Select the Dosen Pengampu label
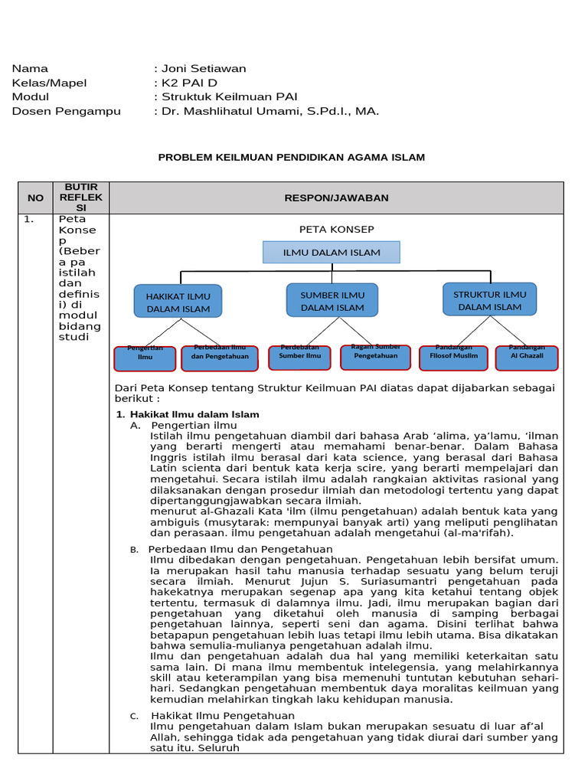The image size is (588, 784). coord(67,111)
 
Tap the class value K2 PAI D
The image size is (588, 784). coord(189,83)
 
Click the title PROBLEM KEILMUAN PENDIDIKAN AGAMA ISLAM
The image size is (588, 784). coord(291,157)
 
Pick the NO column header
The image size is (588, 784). coord(36,198)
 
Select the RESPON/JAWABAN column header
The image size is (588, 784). coord(337,198)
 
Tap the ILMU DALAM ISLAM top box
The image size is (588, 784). coord(332,253)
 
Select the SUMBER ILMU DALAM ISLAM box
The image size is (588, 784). coord(332,299)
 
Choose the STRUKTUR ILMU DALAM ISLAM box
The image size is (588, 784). coord(490,299)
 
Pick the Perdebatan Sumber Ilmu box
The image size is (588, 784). coord(299,357)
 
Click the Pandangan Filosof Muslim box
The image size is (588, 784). coord(454,357)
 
